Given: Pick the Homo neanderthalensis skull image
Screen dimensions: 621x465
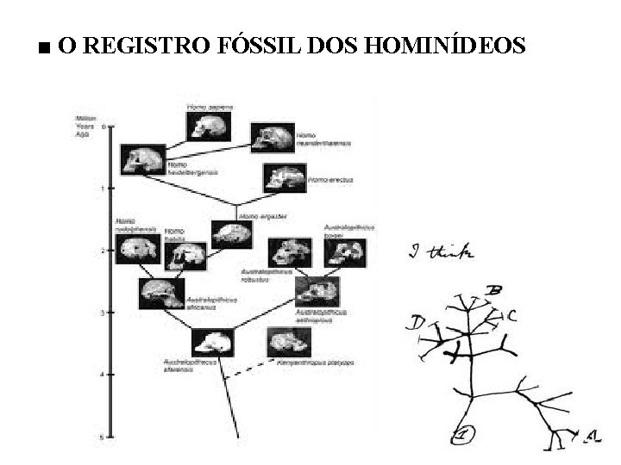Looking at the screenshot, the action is coord(272,138).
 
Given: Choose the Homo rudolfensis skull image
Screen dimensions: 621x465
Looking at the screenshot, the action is coord(138,248).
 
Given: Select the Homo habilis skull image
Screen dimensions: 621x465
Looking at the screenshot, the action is coord(185,255).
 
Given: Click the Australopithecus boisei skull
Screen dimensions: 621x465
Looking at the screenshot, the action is coord(345,251).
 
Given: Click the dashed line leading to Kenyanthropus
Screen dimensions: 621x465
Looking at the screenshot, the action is coord(250,368).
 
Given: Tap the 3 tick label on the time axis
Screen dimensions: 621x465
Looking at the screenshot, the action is coord(103,313).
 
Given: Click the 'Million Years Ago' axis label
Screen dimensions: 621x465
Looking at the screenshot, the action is coord(85,125).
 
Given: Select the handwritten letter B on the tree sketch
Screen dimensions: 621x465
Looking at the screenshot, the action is coord(495,289).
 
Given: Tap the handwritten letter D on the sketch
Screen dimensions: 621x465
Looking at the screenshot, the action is coord(418,324).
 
